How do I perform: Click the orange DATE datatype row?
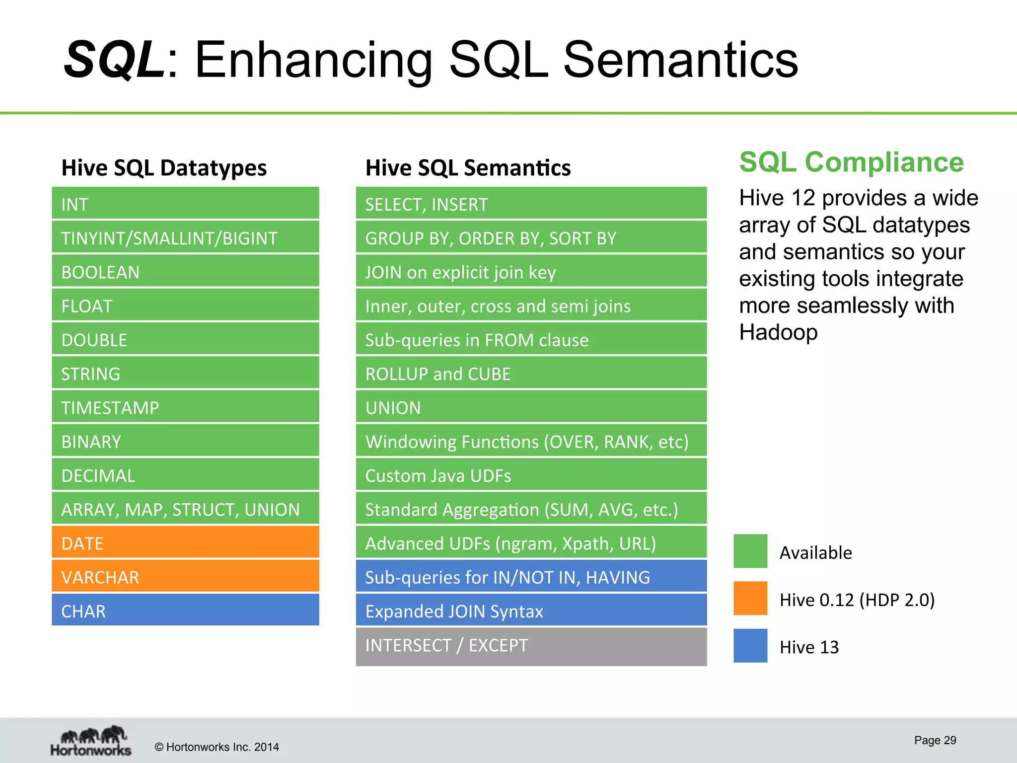(x=185, y=543)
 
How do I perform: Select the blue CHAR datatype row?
(x=185, y=610)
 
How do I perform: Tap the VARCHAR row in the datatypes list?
(x=185, y=577)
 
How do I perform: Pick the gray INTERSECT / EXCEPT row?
(x=531, y=646)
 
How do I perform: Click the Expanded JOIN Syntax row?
(x=531, y=610)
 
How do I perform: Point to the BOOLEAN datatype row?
(x=185, y=272)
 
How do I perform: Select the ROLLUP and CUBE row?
(x=531, y=374)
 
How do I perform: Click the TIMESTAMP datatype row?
(x=185, y=407)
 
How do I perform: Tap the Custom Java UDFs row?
(x=531, y=475)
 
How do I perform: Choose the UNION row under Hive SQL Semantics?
(x=531, y=407)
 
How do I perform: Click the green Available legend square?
(x=750, y=551)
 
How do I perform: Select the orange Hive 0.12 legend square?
(x=750, y=599)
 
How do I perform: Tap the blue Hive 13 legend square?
(x=750, y=646)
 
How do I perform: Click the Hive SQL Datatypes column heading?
(x=164, y=168)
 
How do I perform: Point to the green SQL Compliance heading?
(x=851, y=162)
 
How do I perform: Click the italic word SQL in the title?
(x=114, y=60)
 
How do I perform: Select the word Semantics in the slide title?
(x=680, y=60)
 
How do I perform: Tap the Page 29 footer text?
(x=935, y=740)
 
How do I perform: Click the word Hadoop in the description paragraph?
(x=778, y=332)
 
